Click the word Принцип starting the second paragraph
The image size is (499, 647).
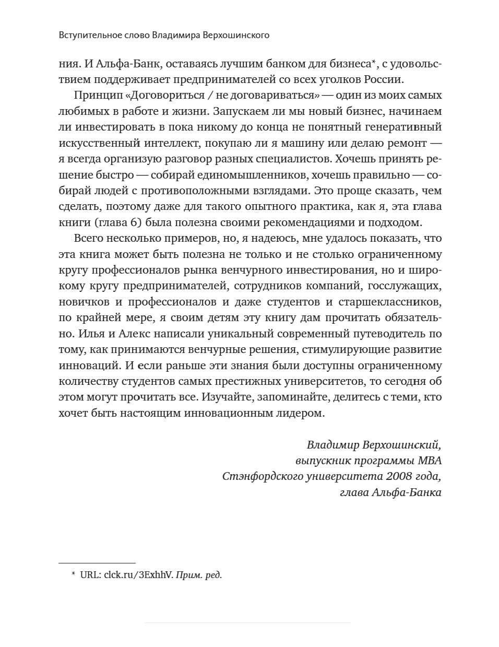click(92, 96)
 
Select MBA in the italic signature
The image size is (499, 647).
click(430, 461)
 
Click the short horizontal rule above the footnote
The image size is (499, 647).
click(97, 563)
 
